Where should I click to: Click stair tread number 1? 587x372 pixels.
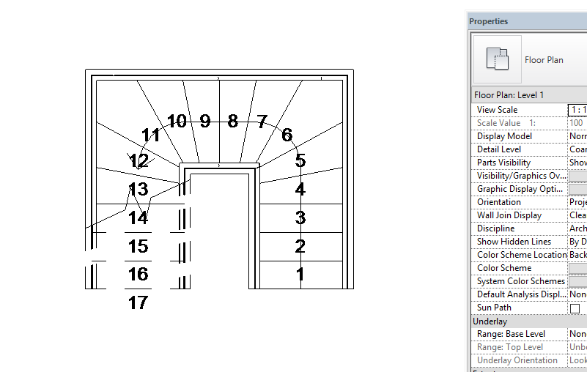click(x=300, y=275)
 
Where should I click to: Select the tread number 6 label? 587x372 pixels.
click(x=287, y=135)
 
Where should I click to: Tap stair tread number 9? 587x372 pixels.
click(x=205, y=122)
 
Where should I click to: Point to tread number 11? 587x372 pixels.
click(x=151, y=135)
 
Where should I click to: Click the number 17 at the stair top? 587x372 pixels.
click(x=138, y=302)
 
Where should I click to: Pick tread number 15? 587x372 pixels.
click(x=138, y=247)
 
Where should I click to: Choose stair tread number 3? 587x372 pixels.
click(x=300, y=217)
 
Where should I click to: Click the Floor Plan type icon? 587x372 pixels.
click(x=498, y=59)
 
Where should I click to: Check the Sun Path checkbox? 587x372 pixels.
click(x=575, y=308)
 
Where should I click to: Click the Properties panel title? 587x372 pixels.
click(x=489, y=21)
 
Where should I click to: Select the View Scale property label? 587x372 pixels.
click(x=497, y=110)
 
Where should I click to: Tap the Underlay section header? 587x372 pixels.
click(x=490, y=321)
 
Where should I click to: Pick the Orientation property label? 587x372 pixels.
click(x=498, y=202)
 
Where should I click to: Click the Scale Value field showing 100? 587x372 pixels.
click(x=577, y=123)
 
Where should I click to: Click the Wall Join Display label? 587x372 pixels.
click(x=509, y=215)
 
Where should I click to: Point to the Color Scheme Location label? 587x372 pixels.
click(x=521, y=255)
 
